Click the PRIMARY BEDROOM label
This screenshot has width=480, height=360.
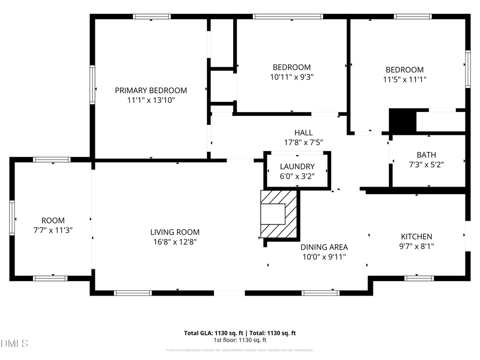click(x=151, y=90)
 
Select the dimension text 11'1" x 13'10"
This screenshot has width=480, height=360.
click(x=151, y=100)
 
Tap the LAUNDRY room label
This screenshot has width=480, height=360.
click(x=297, y=166)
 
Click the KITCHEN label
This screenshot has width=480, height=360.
click(x=417, y=236)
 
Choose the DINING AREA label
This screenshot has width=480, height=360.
click(x=324, y=247)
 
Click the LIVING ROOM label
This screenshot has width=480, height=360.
click(x=174, y=232)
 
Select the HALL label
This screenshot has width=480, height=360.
click(x=303, y=132)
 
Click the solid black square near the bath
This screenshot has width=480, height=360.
click(x=402, y=121)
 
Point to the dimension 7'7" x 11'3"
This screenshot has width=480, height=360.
click(x=53, y=230)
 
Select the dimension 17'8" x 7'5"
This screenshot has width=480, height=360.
click(x=303, y=142)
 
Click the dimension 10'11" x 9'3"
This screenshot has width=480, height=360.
click(x=291, y=77)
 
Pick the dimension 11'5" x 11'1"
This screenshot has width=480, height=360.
click(x=404, y=79)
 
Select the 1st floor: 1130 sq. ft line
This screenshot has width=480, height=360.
click(x=240, y=340)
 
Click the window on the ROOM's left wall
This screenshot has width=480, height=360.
click(x=12, y=218)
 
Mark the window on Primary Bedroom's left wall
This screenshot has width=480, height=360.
click(x=92, y=84)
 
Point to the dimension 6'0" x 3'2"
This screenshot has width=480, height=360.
click(x=297, y=176)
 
